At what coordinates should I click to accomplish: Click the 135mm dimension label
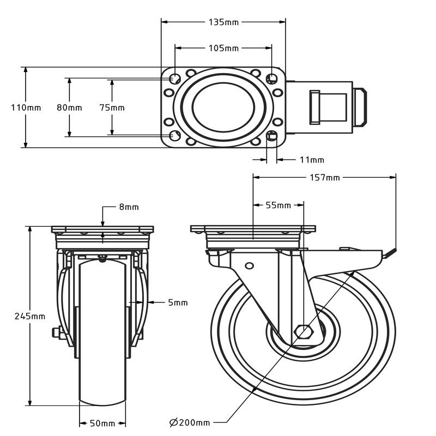click(x=223, y=22)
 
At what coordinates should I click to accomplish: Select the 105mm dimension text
click(x=223, y=48)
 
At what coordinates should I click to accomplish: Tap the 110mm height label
click(x=26, y=107)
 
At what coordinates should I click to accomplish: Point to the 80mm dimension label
click(x=69, y=107)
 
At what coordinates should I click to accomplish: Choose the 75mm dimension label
click(x=112, y=107)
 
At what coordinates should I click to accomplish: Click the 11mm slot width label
click(x=312, y=160)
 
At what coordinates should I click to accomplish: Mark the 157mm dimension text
click(x=325, y=177)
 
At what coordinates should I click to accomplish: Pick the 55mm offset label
click(x=278, y=205)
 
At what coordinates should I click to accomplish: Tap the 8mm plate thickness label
click(x=129, y=207)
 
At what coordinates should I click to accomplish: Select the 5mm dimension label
click(x=178, y=302)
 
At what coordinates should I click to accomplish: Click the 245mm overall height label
click(x=29, y=316)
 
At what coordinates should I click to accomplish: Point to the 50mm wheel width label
click(x=102, y=423)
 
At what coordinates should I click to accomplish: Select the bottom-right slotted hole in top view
click(x=272, y=136)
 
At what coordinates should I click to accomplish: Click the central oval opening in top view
click(x=223, y=107)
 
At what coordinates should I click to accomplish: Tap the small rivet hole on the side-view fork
click(x=249, y=265)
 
